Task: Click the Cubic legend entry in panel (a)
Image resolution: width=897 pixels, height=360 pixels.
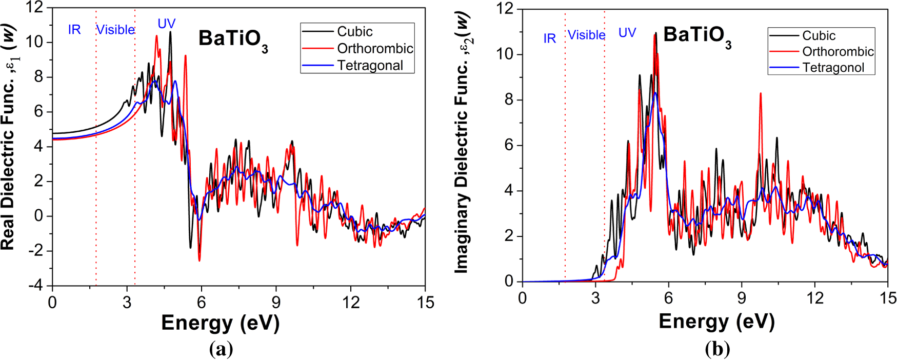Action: tap(354, 32)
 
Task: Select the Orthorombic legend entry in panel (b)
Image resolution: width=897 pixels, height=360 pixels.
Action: tap(838, 52)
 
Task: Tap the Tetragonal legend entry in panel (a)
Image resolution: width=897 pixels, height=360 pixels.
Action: tap(370, 66)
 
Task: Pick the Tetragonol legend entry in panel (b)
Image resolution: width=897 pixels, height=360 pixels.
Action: tap(833, 68)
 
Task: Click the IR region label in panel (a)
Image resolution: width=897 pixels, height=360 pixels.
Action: tap(74, 30)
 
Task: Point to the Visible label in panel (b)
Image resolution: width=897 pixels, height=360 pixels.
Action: tap(586, 35)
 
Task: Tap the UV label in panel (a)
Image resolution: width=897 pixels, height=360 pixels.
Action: tap(166, 24)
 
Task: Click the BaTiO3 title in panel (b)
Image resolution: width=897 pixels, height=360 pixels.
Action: tap(697, 36)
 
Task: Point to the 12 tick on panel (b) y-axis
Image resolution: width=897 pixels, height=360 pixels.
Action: tap(504, 9)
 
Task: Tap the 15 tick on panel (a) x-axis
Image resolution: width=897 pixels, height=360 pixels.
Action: tap(425, 303)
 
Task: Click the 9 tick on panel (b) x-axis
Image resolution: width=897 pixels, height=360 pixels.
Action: tap(742, 298)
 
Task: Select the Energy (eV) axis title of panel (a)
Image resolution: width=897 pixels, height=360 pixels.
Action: tap(220, 323)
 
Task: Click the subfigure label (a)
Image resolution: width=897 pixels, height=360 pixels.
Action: tap(221, 350)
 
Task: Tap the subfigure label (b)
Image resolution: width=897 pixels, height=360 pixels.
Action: tap(717, 350)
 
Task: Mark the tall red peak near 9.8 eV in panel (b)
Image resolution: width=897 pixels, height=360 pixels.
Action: tap(760, 94)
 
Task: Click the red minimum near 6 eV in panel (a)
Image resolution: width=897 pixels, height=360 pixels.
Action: tap(200, 260)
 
